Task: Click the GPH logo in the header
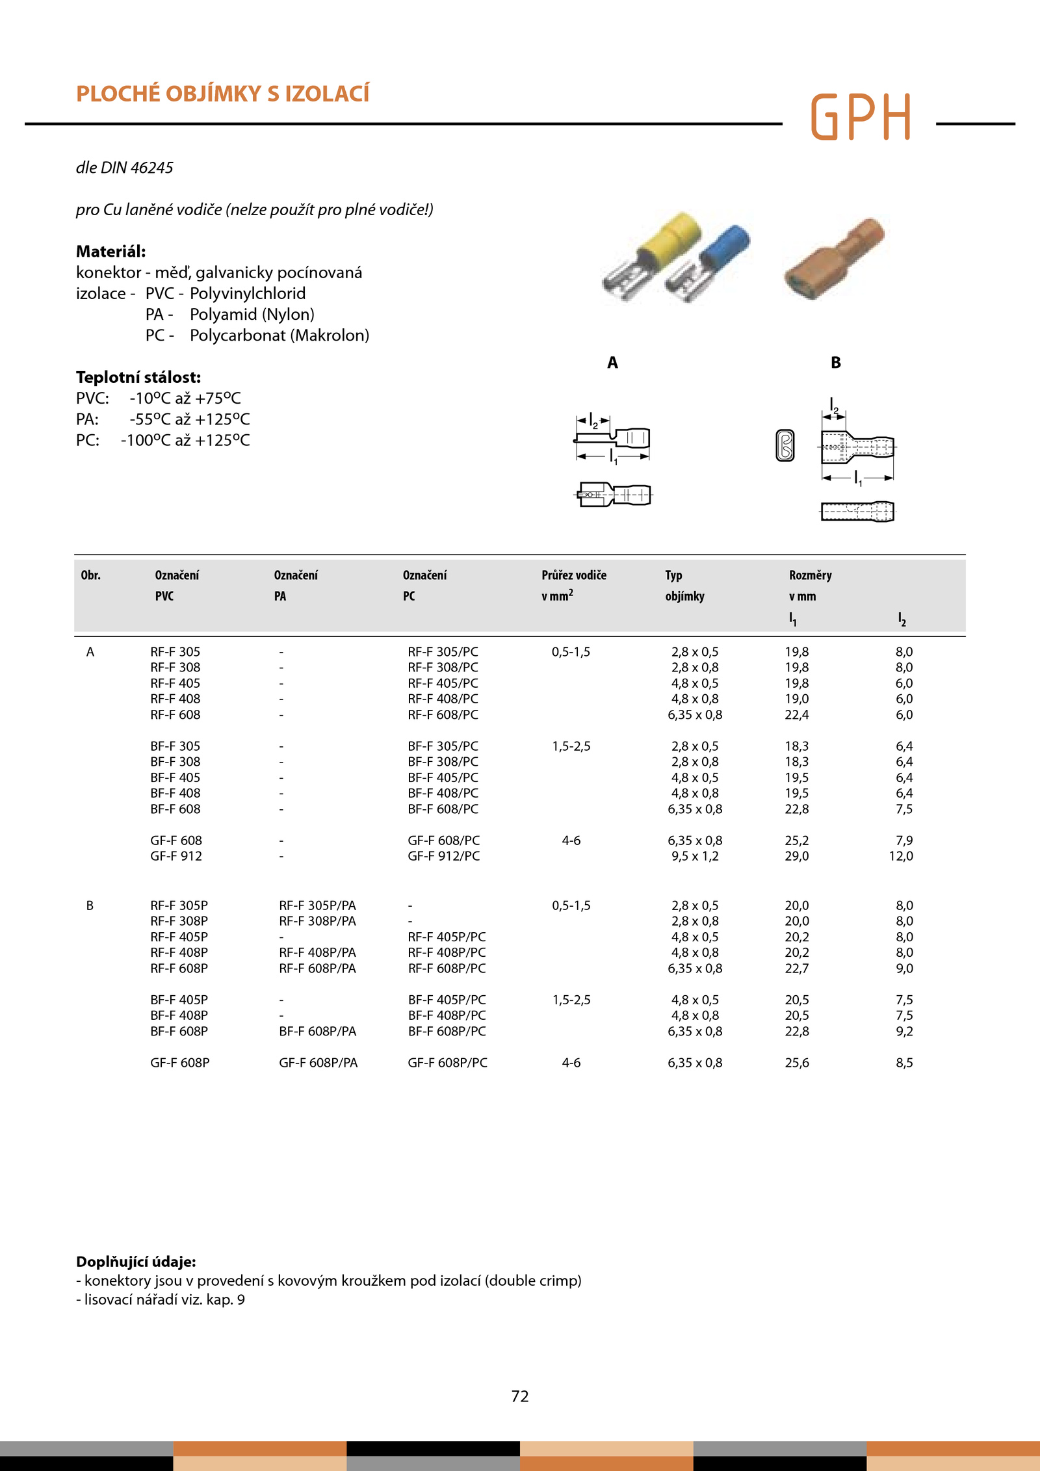coord(861,117)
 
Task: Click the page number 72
coord(520,1396)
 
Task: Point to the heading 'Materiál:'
coord(110,252)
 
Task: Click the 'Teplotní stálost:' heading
coord(138,378)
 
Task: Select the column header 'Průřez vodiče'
coord(573,575)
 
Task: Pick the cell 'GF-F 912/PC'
coord(443,856)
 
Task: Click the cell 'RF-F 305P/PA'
coord(317,905)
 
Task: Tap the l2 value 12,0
coord(901,856)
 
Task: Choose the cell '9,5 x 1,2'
coord(695,856)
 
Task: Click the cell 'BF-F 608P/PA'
coord(317,1031)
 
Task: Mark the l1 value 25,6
coord(797,1063)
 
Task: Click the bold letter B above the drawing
coord(836,363)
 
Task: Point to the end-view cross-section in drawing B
coord(785,446)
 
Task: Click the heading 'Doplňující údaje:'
coord(136,1262)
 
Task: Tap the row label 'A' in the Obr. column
coord(90,652)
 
